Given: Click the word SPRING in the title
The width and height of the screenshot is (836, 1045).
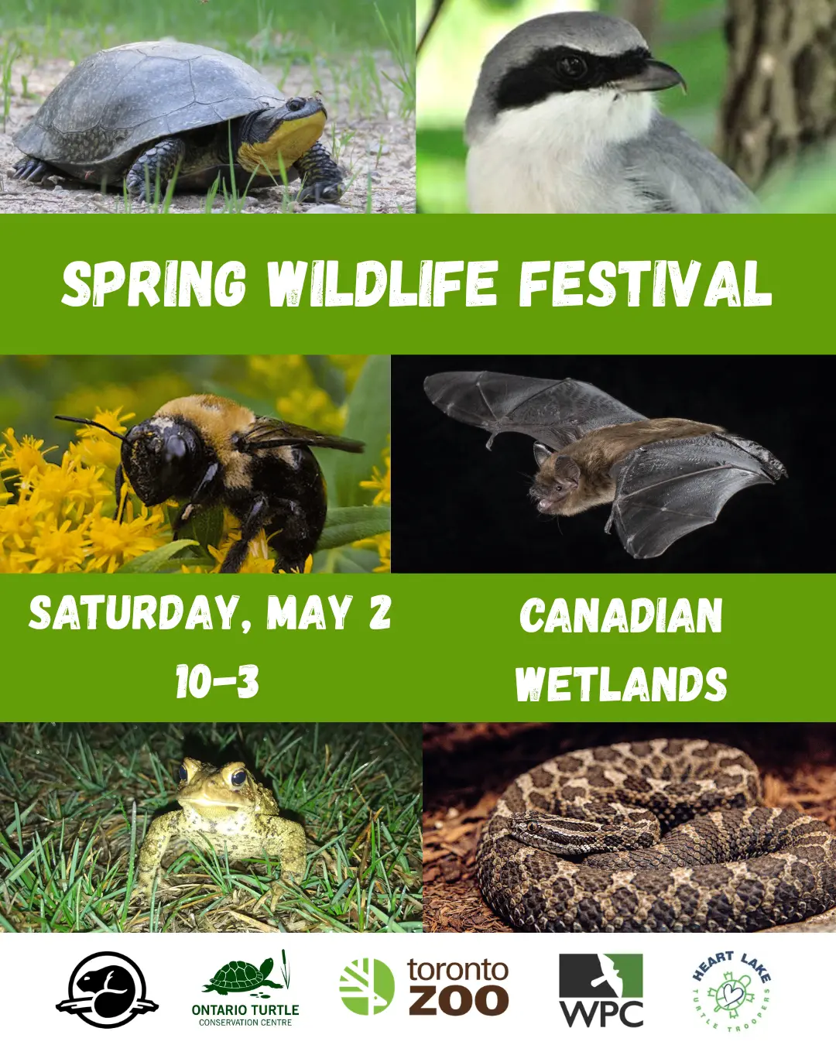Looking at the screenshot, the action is (154, 284).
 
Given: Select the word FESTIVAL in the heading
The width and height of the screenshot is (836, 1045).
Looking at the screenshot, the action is (646, 284).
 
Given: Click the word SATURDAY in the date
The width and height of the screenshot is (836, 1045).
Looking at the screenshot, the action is (134, 614).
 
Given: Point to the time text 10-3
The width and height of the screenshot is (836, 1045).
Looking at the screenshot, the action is (218, 681).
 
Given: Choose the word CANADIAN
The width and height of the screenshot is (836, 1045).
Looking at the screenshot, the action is (621, 615).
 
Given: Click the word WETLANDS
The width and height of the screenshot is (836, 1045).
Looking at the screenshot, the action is (621, 684).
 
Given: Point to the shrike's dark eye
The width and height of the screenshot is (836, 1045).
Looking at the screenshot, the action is (571, 67).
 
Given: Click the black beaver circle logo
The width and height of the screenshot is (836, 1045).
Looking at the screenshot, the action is (107, 989).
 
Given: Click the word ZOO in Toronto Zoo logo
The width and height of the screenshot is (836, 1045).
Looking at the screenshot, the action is (458, 1002).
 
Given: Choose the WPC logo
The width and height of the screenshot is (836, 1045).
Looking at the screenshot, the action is (601, 990).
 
